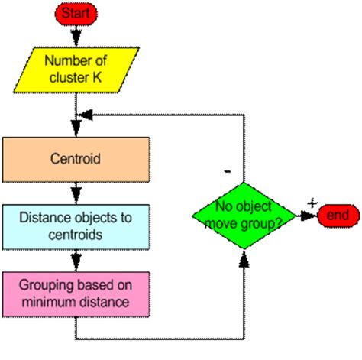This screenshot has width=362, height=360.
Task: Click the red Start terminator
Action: pyautogui.click(x=76, y=14)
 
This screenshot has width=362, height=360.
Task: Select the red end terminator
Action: pyautogui.click(x=338, y=216)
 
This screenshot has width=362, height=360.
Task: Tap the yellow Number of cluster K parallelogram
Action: pyautogui.click(x=76, y=70)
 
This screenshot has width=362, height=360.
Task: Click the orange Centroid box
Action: pyautogui.click(x=76, y=160)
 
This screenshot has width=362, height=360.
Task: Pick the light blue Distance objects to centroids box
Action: pyautogui.click(x=76, y=227)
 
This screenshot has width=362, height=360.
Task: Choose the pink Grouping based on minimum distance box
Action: pyautogui.click(x=76, y=294)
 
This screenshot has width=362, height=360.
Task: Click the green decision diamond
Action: pyautogui.click(x=244, y=216)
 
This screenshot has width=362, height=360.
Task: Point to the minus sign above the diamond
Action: pyautogui.click(x=228, y=171)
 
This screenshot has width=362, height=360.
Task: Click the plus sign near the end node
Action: pyautogui.click(x=312, y=203)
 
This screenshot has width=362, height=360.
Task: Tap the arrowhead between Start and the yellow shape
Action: pyautogui.click(x=76, y=37)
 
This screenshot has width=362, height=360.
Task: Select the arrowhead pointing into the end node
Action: pyautogui.click(x=308, y=216)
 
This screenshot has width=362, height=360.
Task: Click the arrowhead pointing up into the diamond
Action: pyautogui.click(x=244, y=259)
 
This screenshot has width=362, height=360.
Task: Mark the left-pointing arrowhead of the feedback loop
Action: pyautogui.click(x=85, y=115)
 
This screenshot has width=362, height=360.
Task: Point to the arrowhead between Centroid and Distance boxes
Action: pyautogui.click(x=76, y=195)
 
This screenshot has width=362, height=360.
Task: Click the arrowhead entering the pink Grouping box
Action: pyautogui.click(x=76, y=262)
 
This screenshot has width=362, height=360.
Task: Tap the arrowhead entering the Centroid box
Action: pyautogui.click(x=76, y=128)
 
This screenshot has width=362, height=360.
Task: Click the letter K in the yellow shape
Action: pyautogui.click(x=97, y=77)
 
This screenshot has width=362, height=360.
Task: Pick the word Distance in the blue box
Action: pyautogui.click(x=45, y=218)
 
